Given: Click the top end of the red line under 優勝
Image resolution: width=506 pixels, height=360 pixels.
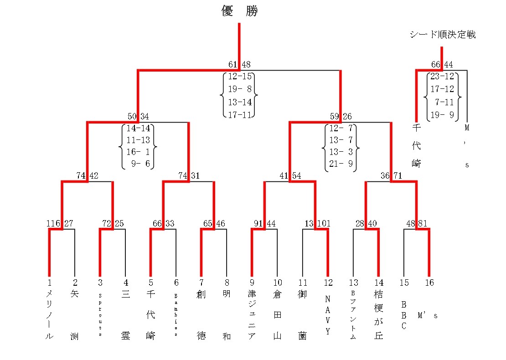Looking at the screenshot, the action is tap(239, 23).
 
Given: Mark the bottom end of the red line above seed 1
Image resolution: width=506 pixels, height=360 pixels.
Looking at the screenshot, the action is tap(49, 277).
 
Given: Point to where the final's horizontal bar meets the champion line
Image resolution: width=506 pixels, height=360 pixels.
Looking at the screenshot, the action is tap(239, 70).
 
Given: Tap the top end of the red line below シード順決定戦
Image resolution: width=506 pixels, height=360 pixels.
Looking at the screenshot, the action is tap(441, 47).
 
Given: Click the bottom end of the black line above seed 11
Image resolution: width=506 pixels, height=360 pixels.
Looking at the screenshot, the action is tap(302, 277).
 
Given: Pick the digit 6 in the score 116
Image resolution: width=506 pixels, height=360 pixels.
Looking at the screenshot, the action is tap(58, 223).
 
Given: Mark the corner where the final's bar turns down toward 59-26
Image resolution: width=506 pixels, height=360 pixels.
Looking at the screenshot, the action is tap(340, 70).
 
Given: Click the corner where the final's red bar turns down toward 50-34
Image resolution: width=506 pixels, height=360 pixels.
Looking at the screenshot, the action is tap(138, 70).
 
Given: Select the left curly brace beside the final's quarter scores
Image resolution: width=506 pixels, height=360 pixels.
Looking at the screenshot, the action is tap(222, 95).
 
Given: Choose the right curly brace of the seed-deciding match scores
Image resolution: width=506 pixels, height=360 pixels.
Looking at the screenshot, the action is tap(459, 97).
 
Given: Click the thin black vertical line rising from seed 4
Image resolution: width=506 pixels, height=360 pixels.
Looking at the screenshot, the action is tap(125, 253).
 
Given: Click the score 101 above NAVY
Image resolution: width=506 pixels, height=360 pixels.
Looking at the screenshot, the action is tap(324, 223).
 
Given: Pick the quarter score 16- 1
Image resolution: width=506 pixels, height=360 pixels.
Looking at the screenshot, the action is tap(138, 152).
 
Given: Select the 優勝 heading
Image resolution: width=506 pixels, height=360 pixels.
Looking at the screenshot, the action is tap(239, 11).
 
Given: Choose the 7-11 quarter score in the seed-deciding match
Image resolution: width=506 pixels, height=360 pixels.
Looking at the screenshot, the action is tap(444, 102).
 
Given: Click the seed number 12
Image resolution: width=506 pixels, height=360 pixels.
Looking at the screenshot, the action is tap(328, 283).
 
